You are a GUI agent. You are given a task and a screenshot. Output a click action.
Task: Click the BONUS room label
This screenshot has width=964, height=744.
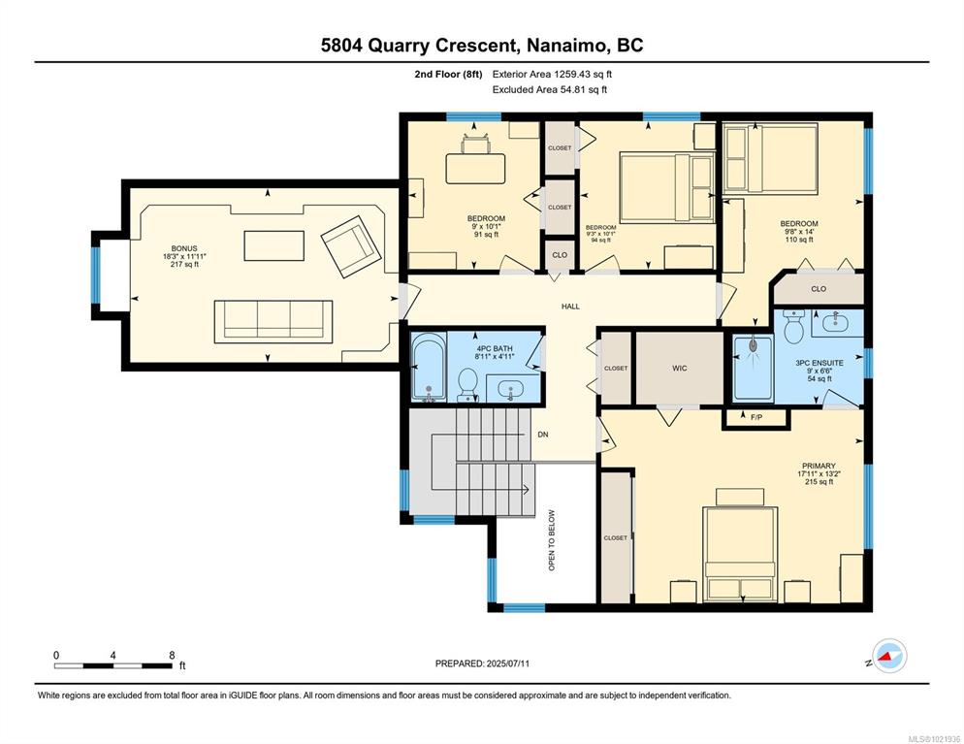(184, 248)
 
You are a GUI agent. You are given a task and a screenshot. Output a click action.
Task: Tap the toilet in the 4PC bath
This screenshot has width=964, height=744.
(467, 385)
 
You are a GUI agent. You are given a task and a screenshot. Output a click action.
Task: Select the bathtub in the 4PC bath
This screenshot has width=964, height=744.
(429, 367)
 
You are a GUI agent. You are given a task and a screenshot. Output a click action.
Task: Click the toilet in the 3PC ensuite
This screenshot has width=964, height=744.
(794, 326)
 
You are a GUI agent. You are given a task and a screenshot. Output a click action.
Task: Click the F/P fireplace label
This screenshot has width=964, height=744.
(756, 417)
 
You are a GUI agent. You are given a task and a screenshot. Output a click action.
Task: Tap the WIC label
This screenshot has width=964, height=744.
(679, 369)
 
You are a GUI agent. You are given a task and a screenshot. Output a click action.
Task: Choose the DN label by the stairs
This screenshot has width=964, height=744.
(543, 435)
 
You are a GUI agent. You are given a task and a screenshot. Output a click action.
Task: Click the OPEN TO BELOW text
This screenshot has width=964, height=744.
(552, 540)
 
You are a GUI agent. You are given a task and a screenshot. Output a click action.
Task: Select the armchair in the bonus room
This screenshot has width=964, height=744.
(350, 246)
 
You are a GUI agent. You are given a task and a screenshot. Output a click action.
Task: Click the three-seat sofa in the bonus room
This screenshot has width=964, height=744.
(273, 322)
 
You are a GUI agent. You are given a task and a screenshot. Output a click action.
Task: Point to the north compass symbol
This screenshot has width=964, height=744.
(889, 657)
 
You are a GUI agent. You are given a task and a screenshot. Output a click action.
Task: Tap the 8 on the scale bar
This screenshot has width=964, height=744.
(173, 656)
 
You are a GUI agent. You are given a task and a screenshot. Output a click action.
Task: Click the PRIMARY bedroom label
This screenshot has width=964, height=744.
(819, 466)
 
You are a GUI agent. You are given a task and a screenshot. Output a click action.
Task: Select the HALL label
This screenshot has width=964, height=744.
(570, 307)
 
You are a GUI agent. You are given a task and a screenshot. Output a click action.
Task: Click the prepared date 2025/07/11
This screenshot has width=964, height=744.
(508, 663)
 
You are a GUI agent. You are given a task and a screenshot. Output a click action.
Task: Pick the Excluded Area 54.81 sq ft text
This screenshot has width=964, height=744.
(550, 90)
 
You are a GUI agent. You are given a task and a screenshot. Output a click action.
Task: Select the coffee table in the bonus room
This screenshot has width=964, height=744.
(274, 246)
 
